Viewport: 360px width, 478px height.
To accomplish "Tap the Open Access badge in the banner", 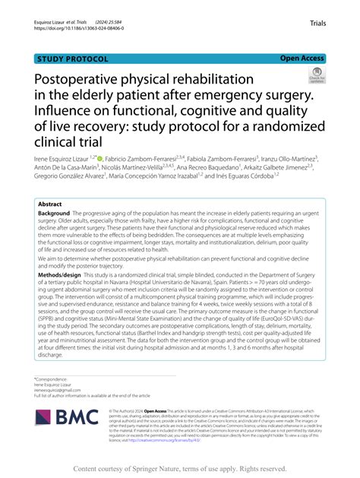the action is point(302,58).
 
